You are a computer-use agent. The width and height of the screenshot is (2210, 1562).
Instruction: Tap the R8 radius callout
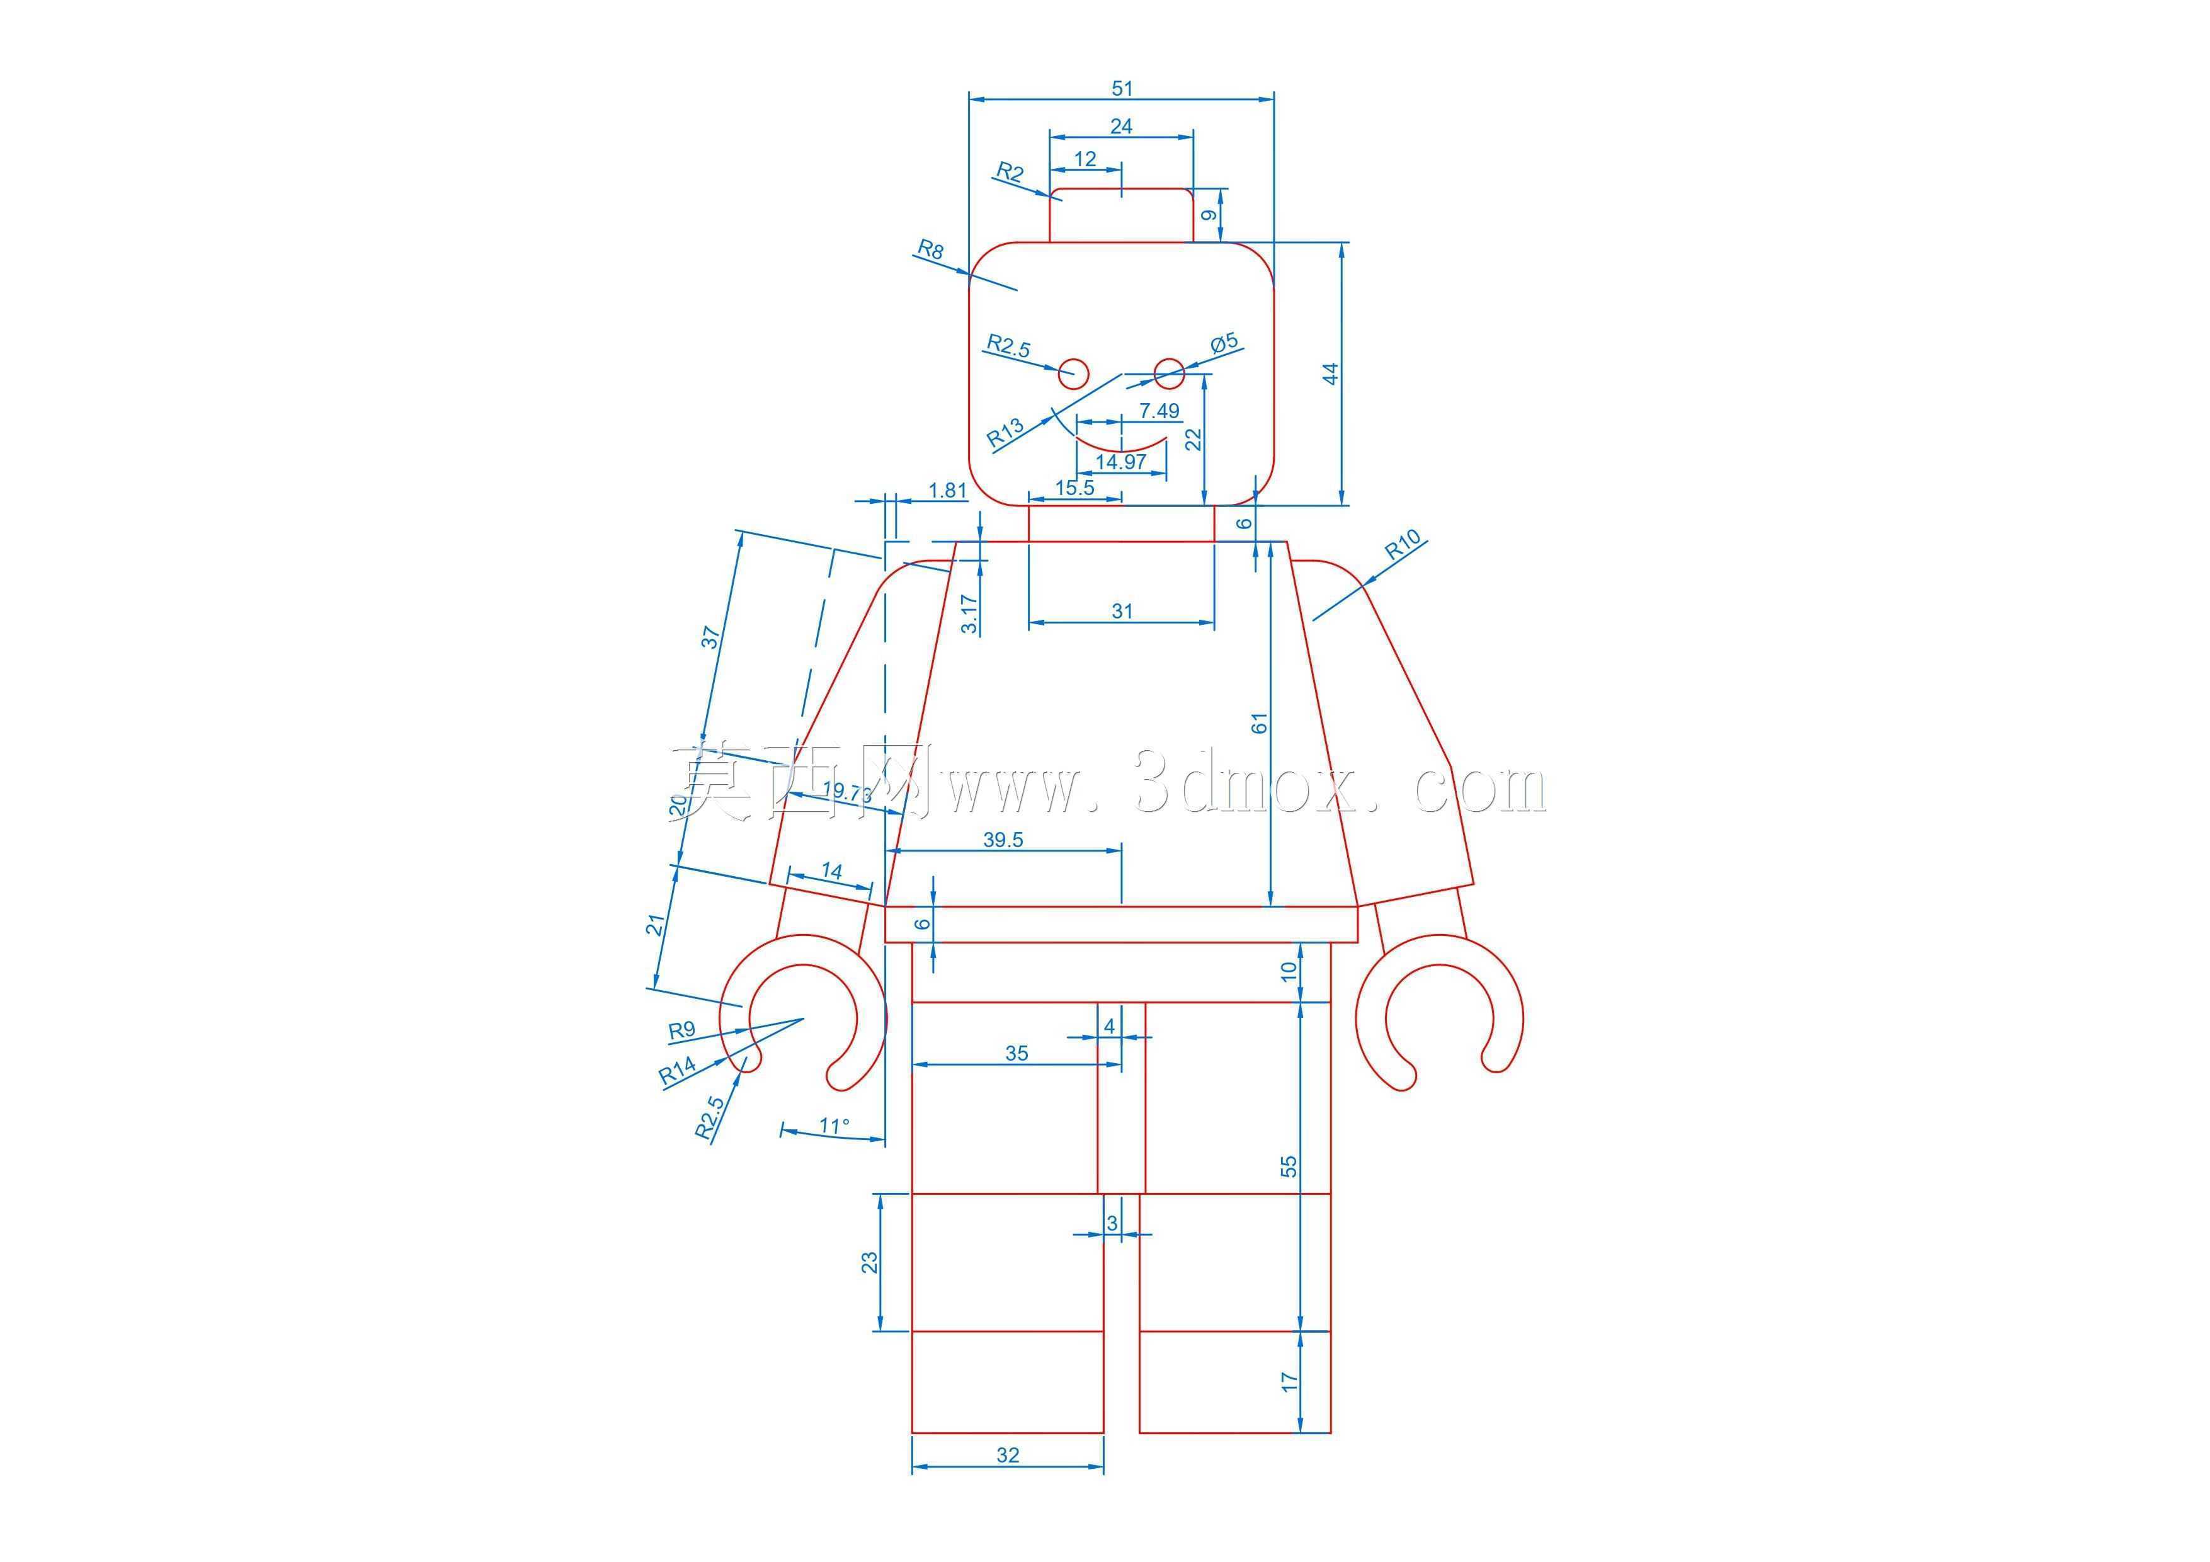point(930,250)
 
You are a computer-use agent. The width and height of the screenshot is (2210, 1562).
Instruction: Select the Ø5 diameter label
point(1226,343)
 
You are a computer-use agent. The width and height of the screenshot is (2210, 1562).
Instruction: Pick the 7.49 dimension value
point(1159,411)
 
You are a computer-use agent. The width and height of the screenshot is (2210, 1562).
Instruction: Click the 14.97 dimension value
point(1121,462)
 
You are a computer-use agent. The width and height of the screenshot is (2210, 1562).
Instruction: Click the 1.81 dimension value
point(947,491)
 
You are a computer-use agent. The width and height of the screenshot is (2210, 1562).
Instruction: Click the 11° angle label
point(834,1124)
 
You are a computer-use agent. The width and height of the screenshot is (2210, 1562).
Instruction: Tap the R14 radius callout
point(678,1071)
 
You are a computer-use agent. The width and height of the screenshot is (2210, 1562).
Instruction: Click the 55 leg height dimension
point(1289,1166)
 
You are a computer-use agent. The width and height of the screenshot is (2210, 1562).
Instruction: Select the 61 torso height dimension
point(1259,724)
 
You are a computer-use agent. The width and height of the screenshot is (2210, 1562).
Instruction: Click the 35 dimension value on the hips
point(1017,1053)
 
